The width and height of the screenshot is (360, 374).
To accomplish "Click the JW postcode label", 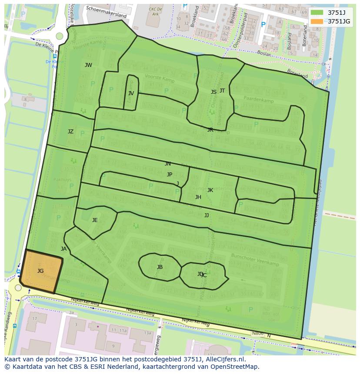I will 88,65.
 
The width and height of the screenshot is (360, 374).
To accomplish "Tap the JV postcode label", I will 131,93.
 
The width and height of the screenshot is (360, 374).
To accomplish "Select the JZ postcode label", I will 70,132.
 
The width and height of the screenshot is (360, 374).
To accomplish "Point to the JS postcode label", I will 213,92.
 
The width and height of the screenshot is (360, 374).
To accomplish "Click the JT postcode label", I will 222,91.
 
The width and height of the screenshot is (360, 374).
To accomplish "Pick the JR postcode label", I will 210,130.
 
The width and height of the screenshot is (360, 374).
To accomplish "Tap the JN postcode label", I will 168,164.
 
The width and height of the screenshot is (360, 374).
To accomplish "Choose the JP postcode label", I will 170,175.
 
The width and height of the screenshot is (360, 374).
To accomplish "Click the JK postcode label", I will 210,190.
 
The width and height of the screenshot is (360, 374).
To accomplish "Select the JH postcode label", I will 198,197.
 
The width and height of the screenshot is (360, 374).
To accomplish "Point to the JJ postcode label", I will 207,215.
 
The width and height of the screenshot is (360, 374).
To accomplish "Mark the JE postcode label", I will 95,220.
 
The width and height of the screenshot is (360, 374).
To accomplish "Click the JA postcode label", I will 64,249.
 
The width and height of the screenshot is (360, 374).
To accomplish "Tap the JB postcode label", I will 160,267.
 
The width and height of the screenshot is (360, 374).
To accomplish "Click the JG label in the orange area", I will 40,271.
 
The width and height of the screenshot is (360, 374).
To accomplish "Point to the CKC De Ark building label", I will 155,11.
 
